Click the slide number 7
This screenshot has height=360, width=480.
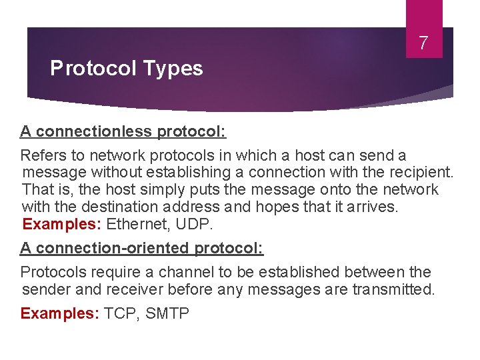tap(423, 44)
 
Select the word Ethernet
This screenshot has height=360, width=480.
tap(139, 223)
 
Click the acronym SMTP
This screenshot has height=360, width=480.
tap(167, 313)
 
